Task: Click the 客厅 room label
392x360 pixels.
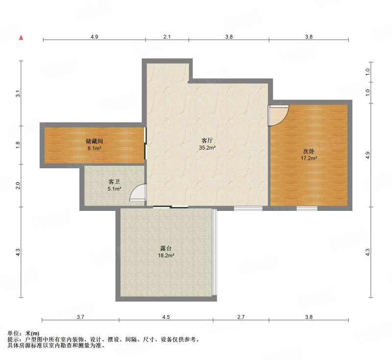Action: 207,140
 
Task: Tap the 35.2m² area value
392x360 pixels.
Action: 207,148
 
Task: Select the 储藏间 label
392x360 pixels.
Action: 94,141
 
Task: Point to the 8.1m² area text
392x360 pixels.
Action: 94,148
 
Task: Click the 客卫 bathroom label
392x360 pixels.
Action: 114,181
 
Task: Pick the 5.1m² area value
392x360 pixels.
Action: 114,189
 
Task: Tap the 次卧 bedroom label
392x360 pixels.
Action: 309,151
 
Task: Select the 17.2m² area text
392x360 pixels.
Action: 309,158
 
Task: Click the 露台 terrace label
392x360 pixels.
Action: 166,249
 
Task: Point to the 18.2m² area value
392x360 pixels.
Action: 166,256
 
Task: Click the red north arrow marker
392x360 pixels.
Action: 21,38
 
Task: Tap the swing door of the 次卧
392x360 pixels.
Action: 278,115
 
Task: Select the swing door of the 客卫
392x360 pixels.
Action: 138,193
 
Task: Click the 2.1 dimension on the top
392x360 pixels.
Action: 167,37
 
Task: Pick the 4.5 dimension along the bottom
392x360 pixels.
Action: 166,317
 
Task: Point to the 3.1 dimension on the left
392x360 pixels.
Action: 18,94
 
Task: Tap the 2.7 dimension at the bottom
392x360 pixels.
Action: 241,317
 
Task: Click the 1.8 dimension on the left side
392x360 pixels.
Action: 18,145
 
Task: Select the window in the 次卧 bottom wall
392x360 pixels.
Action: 307,208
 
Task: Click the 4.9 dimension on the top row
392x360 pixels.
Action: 94,37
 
